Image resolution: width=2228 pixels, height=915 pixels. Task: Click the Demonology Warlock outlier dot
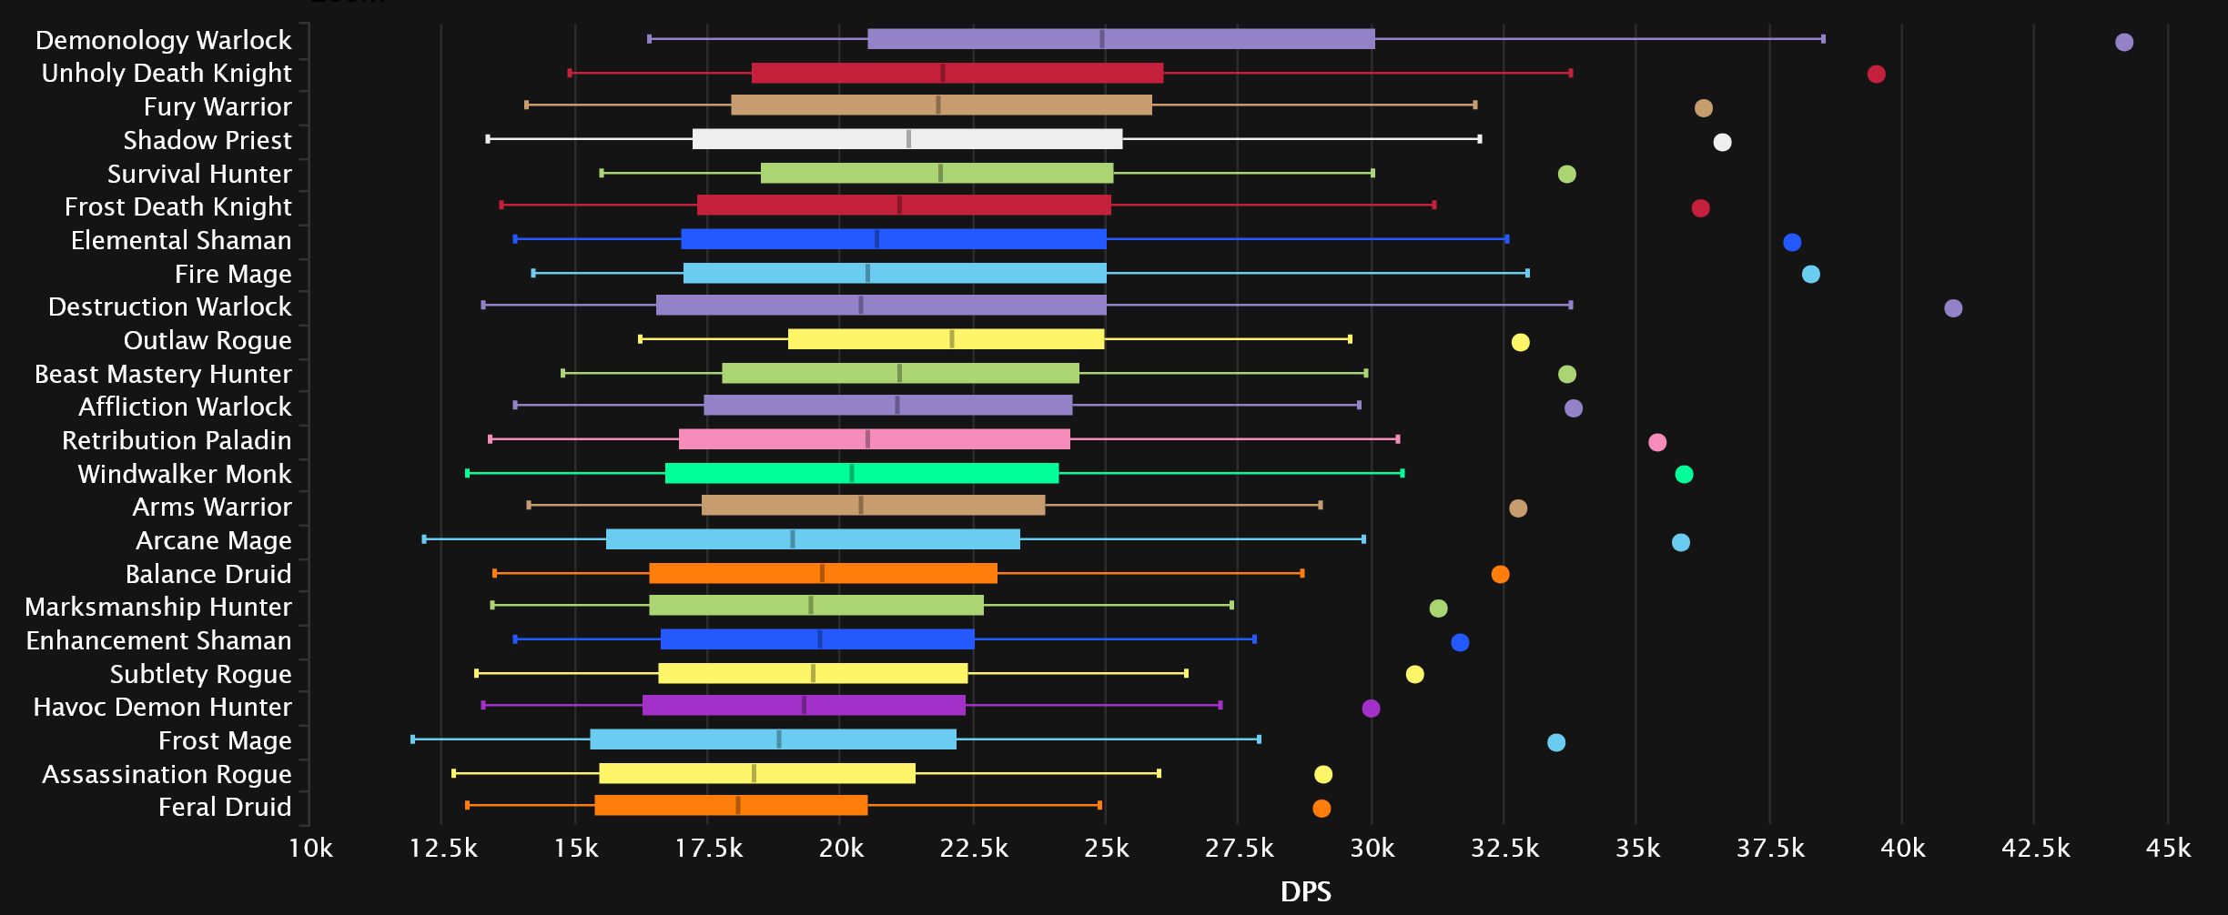tap(2123, 42)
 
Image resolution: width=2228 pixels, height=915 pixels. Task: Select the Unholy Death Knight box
tap(957, 73)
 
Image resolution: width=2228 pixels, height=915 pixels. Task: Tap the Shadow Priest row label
tap(208, 140)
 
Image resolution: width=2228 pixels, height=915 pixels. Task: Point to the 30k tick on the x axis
tap(1371, 848)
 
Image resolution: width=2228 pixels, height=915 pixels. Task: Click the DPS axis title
tap(1305, 891)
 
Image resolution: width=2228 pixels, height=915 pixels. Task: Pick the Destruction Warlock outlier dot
tap(1952, 308)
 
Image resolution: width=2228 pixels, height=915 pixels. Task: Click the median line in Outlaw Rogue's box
tap(952, 339)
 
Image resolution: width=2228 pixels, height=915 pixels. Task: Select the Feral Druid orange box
tap(730, 805)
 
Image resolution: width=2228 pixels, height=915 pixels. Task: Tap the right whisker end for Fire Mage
tap(1527, 273)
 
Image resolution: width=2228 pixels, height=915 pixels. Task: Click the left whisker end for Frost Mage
tap(413, 739)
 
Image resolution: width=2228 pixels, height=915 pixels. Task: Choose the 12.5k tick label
tap(442, 848)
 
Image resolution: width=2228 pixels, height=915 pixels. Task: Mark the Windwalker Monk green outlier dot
tap(1684, 474)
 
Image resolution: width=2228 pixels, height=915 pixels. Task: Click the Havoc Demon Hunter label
tap(162, 707)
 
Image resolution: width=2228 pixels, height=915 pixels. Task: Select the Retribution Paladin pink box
tap(874, 439)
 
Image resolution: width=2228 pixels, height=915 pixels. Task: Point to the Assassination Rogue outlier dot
tap(1322, 774)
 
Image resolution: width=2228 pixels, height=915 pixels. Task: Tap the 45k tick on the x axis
tap(2167, 848)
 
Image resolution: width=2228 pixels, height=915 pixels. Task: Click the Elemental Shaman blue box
tap(893, 239)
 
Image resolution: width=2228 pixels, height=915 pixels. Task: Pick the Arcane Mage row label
tap(213, 540)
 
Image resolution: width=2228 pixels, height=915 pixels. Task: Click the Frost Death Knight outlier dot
tap(1700, 208)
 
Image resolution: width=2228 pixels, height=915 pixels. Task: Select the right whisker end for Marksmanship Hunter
tap(1231, 605)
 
